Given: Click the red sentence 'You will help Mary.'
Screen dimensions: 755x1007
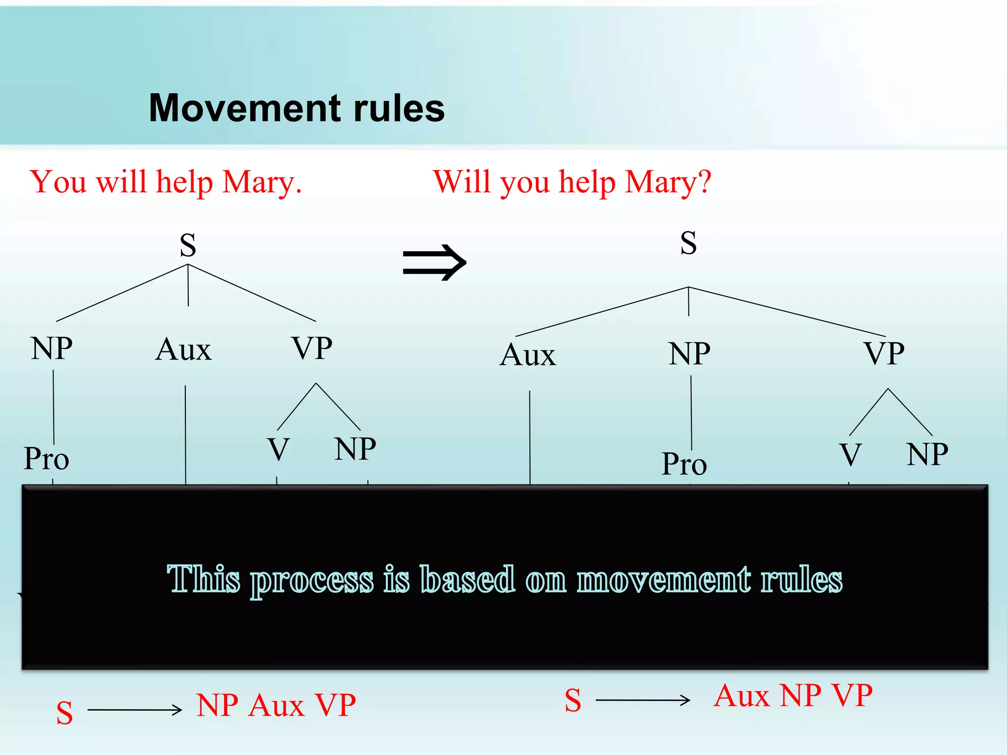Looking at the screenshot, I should point(166,182).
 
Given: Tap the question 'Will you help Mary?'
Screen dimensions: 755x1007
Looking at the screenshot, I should point(572,182).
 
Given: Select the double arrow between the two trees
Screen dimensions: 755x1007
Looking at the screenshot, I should point(434,262).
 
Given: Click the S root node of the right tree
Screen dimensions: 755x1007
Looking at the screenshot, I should point(688,243).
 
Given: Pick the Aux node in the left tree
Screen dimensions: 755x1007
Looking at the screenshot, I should point(183,350).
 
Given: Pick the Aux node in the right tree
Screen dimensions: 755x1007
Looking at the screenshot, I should point(528,355).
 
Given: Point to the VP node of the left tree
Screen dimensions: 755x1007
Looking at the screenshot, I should point(312,348).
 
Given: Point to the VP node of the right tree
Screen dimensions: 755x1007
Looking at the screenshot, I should point(884,353).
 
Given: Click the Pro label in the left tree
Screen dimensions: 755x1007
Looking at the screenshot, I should point(47,459).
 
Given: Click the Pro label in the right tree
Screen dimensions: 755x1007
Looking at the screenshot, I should point(684,464).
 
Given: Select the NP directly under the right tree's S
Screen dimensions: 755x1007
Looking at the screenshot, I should point(689,353).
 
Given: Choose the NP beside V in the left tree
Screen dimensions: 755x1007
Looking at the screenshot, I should point(355,449).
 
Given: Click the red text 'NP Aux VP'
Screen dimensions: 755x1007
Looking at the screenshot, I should point(276,706).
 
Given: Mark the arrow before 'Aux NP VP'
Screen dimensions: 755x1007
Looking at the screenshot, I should point(643,700).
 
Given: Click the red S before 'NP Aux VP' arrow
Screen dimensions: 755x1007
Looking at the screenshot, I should point(64,713).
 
